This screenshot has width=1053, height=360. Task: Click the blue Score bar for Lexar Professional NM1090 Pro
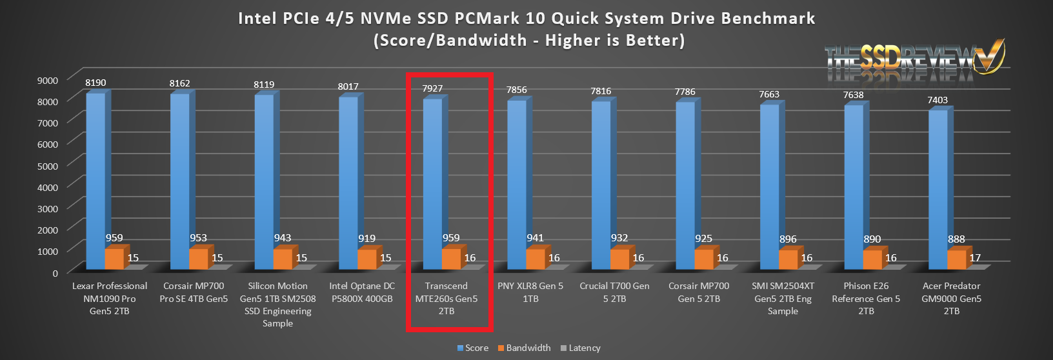coord(95,181)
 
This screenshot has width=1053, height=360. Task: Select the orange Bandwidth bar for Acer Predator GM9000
coord(956,259)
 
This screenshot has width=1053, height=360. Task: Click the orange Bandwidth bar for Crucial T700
coord(619,259)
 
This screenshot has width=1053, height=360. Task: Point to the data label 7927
coord(432,88)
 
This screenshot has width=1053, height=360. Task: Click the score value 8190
coord(95,83)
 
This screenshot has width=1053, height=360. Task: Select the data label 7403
coord(938,100)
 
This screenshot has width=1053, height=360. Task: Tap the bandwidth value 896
coord(788,239)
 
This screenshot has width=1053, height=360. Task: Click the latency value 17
coord(975,257)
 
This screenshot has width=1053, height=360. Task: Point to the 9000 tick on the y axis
coord(48,80)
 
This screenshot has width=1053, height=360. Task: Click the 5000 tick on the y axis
coord(48,165)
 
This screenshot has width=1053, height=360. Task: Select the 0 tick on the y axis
coord(55,273)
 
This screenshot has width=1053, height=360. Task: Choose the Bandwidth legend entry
coord(524,348)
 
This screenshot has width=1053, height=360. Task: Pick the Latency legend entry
coord(581,348)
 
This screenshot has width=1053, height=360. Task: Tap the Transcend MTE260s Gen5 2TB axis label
coord(446,298)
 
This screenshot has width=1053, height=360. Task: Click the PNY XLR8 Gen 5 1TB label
coord(530,292)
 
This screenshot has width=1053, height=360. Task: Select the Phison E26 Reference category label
coord(866,298)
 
